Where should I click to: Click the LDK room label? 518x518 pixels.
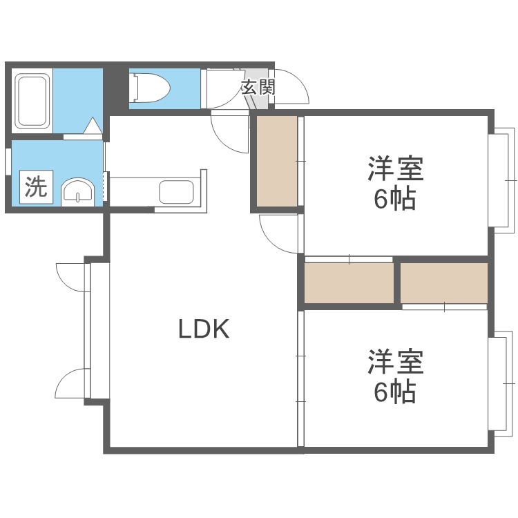[204, 330]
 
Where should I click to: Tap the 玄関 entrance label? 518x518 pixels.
[258, 88]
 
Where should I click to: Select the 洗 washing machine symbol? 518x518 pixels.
[35, 187]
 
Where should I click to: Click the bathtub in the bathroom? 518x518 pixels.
[32, 100]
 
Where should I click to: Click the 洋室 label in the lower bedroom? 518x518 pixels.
[395, 361]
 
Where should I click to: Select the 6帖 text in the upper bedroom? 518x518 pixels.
[395, 200]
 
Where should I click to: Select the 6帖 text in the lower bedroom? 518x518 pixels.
[395, 392]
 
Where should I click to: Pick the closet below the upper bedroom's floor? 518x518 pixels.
[349, 282]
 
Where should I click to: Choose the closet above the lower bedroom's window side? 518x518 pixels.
[444, 282]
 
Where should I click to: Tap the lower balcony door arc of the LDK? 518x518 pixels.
[70, 384]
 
